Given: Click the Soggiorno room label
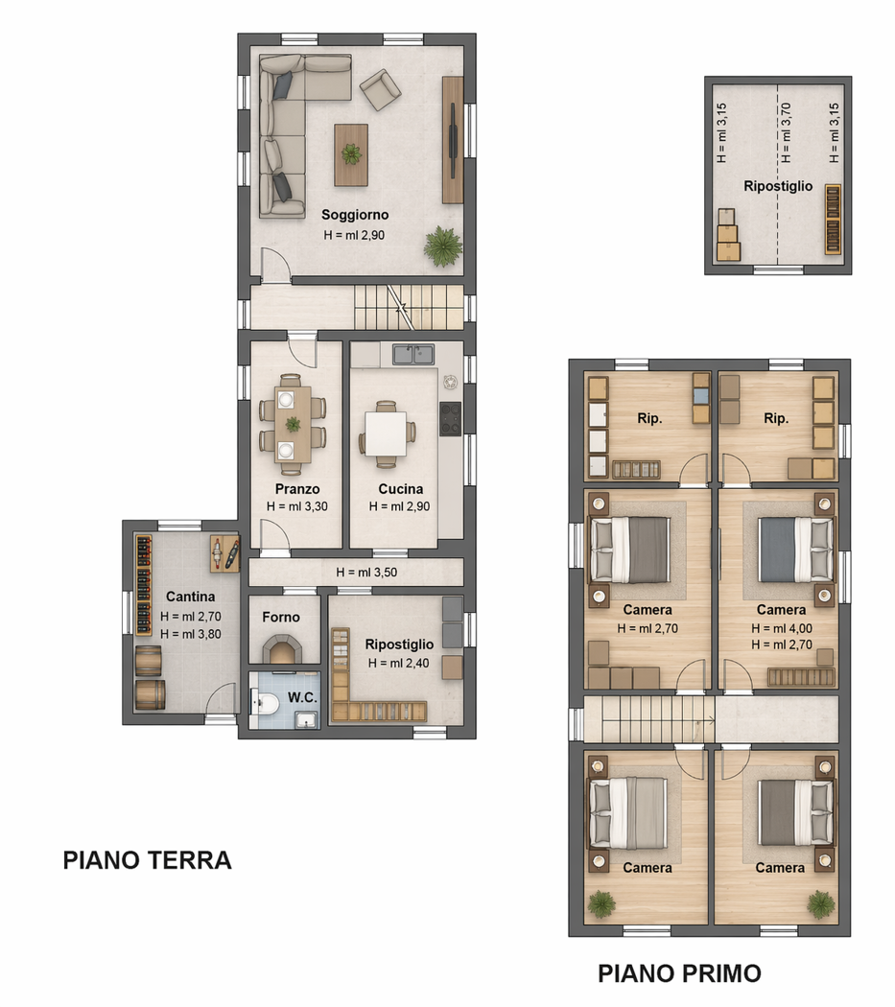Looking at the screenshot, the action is (x=355, y=215).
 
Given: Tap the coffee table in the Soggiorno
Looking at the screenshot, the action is (x=351, y=154).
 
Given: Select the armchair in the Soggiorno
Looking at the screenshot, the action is (x=380, y=89).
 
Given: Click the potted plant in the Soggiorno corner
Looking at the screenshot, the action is (x=442, y=246).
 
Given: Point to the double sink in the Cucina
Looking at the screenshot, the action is (x=413, y=355).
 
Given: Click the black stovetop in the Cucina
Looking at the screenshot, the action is (x=451, y=419).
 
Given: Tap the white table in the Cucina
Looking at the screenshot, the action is (x=386, y=433).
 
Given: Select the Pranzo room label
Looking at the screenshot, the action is (x=297, y=489).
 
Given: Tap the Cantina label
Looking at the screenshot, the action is (x=190, y=597).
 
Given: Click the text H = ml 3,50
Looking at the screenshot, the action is (x=366, y=573).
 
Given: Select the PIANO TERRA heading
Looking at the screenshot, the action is (x=147, y=860).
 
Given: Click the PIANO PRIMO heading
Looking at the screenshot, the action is (x=680, y=973).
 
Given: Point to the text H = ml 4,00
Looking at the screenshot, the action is (x=782, y=629).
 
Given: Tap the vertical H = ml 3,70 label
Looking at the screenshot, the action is (x=785, y=133).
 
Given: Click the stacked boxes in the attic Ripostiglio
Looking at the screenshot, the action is (x=729, y=235).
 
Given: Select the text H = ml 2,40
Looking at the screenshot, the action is (x=398, y=664).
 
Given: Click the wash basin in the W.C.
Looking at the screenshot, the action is (x=306, y=719).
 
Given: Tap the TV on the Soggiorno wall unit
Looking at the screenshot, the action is (x=453, y=140).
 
